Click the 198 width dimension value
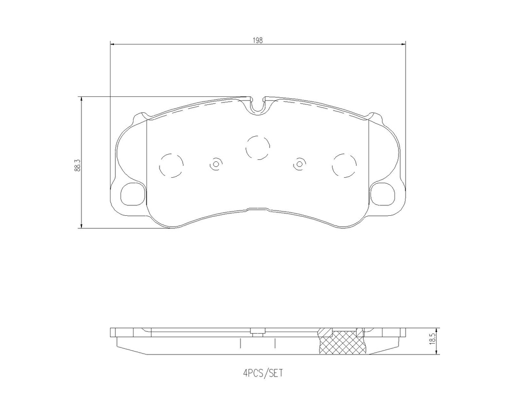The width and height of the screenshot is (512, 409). (257, 40)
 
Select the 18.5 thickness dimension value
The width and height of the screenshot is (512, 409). (433, 342)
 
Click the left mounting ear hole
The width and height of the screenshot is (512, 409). (132, 193)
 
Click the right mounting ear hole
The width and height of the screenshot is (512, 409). (382, 193)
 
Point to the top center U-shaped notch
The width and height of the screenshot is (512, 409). (257, 105)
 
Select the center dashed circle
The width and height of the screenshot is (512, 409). (257, 148)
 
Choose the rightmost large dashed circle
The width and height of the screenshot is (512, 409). (345, 165)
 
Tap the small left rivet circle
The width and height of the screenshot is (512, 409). (216, 164)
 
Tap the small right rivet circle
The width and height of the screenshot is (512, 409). (299, 164)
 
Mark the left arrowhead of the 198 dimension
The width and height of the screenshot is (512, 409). (112, 44)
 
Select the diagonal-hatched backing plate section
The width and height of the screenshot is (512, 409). (325, 331)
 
